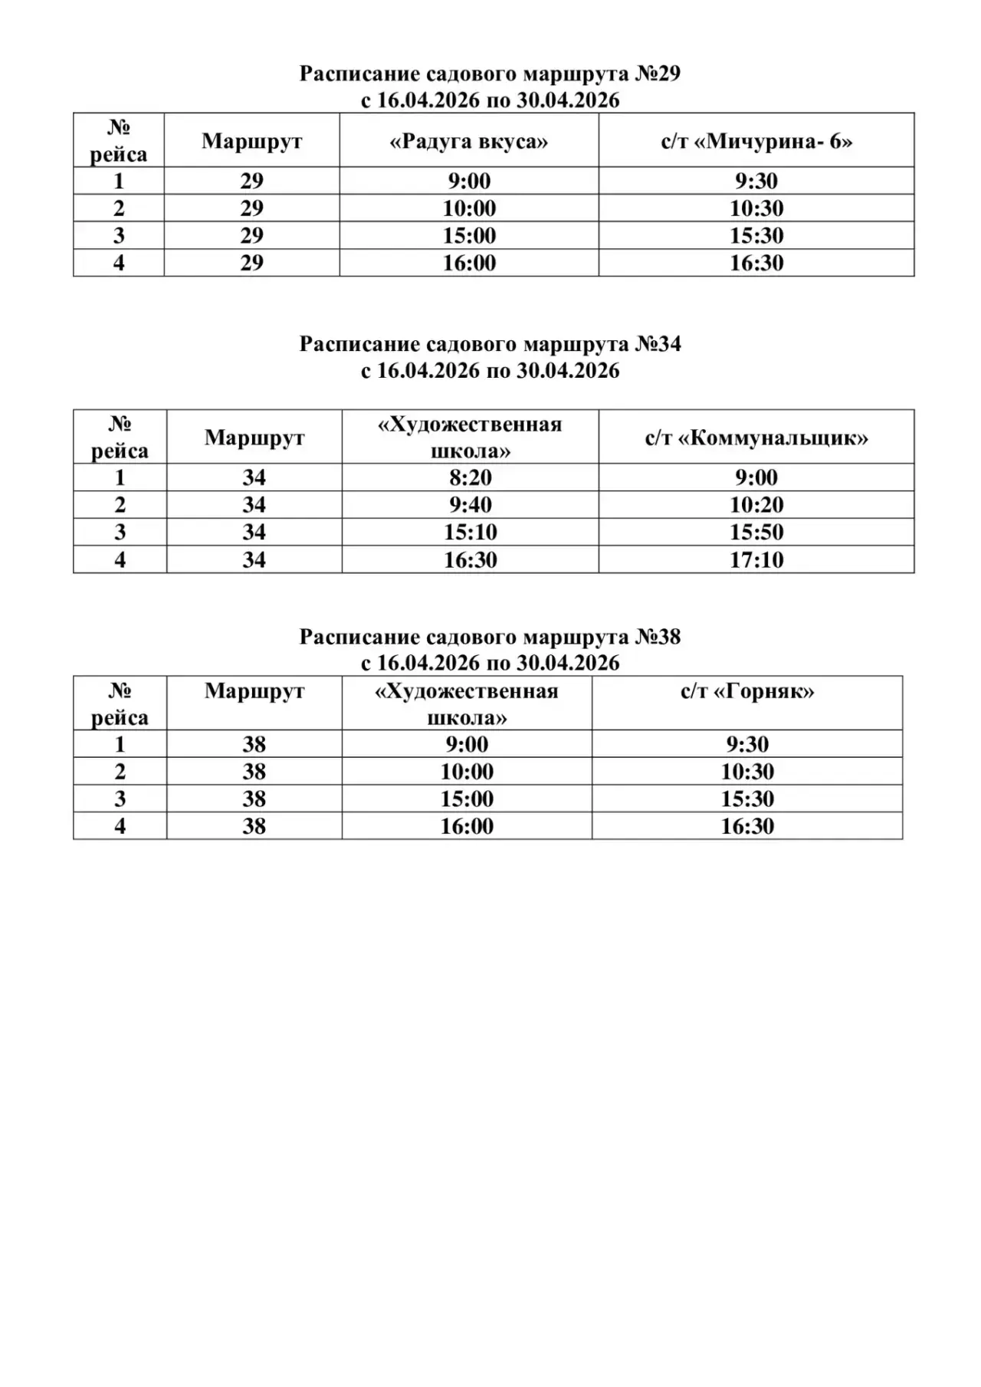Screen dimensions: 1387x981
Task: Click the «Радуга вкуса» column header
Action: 469,142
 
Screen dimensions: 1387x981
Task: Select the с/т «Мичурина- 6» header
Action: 756,142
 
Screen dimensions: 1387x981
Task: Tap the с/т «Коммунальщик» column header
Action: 756,438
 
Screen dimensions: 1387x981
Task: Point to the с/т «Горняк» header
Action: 747,691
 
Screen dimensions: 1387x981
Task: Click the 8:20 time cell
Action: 471,477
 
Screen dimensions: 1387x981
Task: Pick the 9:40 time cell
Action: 471,505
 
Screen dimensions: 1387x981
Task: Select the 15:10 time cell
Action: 471,532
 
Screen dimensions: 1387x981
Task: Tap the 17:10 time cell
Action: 756,559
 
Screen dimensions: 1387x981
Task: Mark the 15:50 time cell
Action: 756,532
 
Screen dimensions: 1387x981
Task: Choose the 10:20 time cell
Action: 756,505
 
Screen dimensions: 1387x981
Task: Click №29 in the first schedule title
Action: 658,74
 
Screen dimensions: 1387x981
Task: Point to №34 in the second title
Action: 658,344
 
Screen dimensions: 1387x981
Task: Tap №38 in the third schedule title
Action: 658,637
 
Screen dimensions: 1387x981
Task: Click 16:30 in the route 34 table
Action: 471,559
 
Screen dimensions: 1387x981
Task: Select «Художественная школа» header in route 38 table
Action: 467,704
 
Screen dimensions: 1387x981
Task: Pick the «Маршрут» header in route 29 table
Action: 251,142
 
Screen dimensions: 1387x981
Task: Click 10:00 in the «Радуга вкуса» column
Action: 469,208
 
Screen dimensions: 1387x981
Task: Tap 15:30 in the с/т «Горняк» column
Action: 747,798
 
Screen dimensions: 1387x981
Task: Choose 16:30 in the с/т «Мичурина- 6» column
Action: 756,263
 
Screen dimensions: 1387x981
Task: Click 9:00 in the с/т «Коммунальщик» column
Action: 756,477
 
